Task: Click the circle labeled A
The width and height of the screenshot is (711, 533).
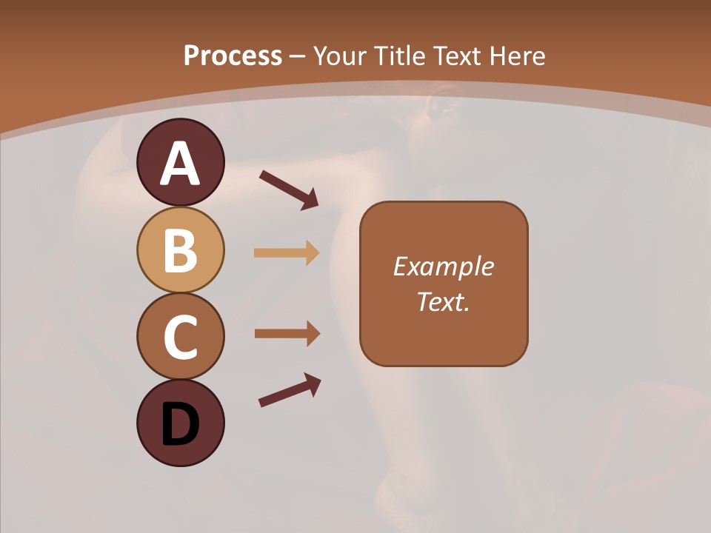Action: point(180,162)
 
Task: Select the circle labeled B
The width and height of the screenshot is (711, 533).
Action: point(180,249)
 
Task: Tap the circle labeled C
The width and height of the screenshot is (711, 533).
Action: point(180,336)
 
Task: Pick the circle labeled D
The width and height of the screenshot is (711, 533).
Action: point(180,423)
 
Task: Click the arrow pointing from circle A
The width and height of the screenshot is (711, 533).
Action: point(289,189)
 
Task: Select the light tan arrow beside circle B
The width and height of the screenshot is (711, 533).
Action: point(287,253)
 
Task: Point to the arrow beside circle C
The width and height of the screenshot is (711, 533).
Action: point(287,334)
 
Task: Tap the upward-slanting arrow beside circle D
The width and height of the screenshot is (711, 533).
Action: point(290,390)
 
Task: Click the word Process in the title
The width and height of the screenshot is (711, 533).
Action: point(233,56)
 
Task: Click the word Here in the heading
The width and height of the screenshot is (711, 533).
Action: point(518,56)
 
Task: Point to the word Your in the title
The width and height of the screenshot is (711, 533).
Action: point(339,56)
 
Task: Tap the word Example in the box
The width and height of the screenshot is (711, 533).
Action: point(443,266)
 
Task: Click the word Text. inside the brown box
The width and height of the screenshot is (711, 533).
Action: point(443,301)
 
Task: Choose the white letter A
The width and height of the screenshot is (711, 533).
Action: point(180,164)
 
